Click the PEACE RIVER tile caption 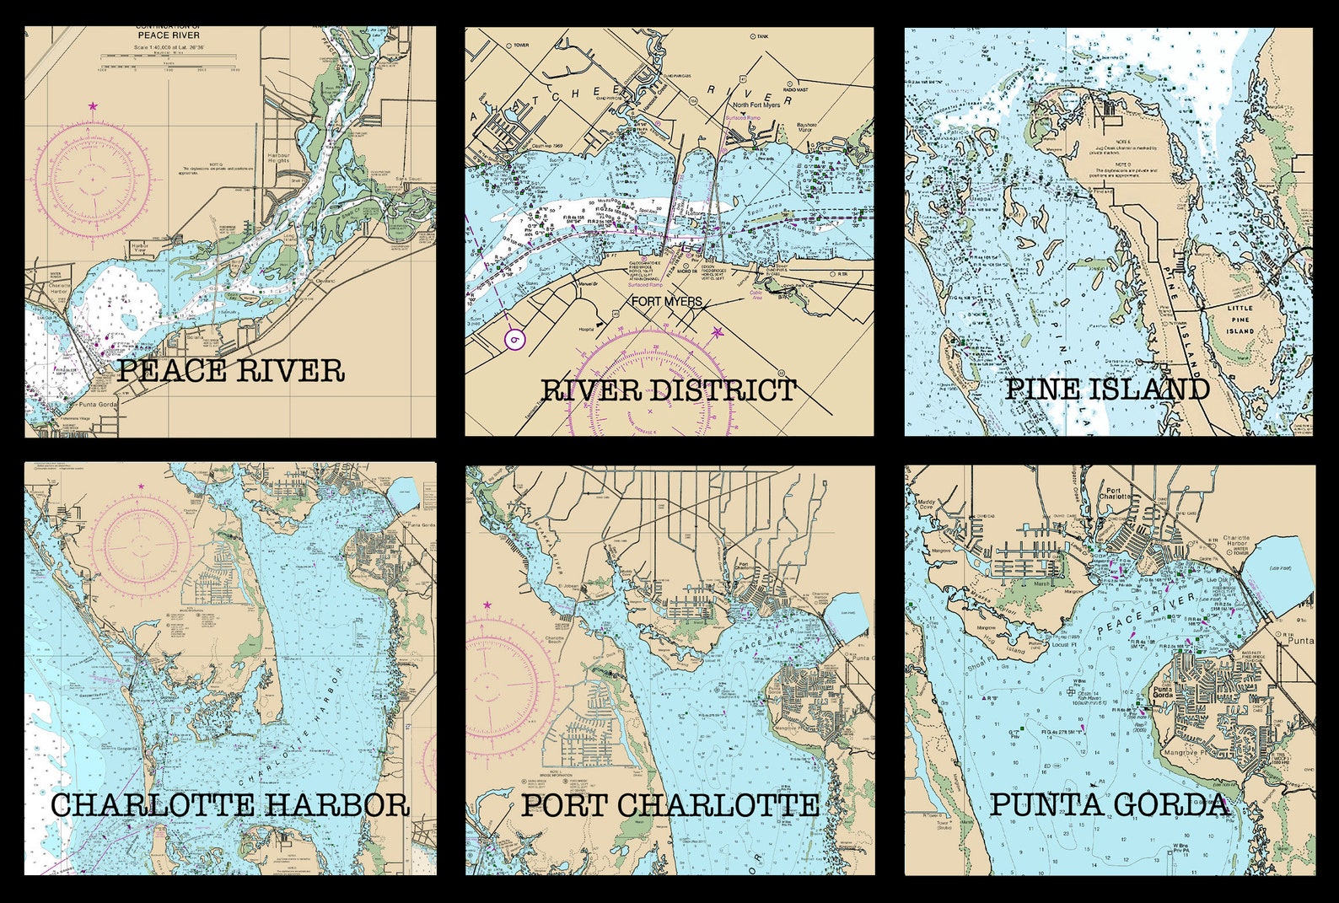point(230,370)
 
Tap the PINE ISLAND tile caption point(1108,389)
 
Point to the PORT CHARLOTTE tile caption point(670,804)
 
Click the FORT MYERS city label point(666,301)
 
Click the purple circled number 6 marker point(514,339)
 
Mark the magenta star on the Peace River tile point(93,106)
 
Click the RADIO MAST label point(796,89)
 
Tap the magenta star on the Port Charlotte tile point(487,605)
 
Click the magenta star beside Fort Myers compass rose point(718,332)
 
